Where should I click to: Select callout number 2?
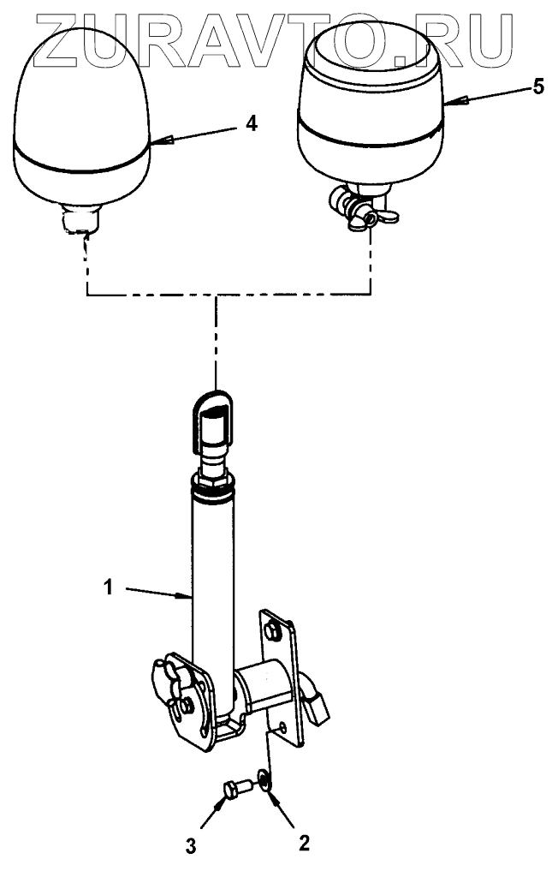302,843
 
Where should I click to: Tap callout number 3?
191,847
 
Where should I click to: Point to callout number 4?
250,123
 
